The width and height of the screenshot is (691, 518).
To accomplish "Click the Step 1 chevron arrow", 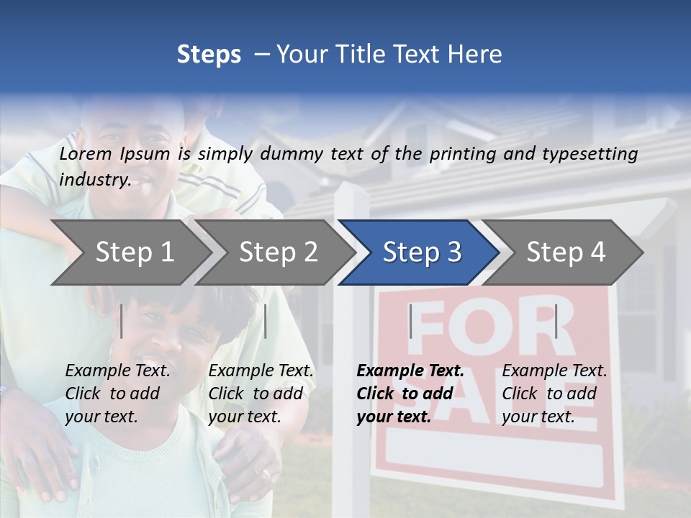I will coord(135,253).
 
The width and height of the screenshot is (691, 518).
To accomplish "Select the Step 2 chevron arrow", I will coord(278,253).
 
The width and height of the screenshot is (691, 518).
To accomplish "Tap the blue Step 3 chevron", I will coord(421,253).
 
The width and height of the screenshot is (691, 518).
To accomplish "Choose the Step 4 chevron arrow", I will coord(566,253).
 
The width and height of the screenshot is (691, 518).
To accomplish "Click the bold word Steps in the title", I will coord(209,55).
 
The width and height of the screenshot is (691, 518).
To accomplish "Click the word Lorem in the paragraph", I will coord(85,154).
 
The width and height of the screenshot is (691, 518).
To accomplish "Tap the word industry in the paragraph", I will coord(94,180).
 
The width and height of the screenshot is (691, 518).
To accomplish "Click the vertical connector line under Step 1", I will coord(122,321).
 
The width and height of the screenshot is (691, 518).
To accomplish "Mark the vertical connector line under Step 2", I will coord(266,321).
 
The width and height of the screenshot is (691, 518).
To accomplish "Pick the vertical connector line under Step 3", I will coord(410,321).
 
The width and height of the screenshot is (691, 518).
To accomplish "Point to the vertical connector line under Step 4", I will coord(556,321).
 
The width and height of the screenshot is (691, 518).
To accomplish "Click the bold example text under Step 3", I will coord(410,394).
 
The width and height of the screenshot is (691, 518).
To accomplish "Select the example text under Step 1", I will coord(117,394).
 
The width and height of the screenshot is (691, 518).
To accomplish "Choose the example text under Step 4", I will coord(554,394).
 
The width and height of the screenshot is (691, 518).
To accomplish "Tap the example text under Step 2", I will coord(261,394).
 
